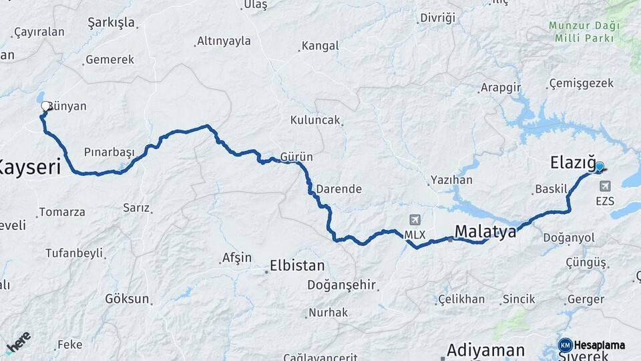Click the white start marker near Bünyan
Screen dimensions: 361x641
46,106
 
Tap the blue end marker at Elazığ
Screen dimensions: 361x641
599,167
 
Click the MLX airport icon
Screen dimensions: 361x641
415,221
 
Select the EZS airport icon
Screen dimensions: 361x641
606,187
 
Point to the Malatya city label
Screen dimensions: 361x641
485,231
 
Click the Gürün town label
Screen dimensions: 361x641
296,156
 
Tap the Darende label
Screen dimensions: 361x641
339,189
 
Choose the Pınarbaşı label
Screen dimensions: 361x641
110,152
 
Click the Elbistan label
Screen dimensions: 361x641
296,265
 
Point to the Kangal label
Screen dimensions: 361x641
320,46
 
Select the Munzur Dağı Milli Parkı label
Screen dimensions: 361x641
584,31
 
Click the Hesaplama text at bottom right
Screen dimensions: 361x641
600,346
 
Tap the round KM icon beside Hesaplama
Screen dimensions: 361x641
566,345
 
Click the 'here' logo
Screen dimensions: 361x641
18,342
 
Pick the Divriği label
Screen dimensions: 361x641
437,18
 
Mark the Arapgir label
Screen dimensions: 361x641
500,88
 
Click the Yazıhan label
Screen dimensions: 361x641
451,180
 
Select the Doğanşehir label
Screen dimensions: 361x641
342,285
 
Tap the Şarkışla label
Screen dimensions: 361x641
111,23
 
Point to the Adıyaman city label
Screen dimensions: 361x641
485,350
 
